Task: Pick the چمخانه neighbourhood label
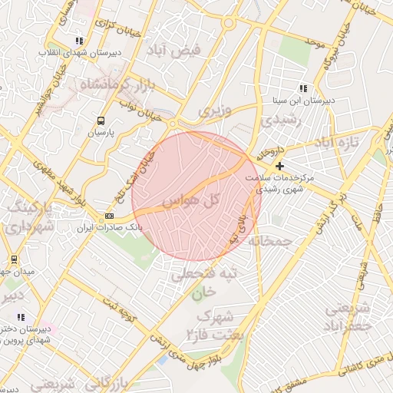(278, 242)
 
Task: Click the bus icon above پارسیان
(101, 121)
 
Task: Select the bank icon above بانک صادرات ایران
(110, 216)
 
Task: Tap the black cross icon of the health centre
(279, 165)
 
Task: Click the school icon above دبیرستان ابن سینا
(303, 88)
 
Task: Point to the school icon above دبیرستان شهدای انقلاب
(79, 41)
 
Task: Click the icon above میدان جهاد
(14, 259)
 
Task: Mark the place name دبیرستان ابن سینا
(304, 101)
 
